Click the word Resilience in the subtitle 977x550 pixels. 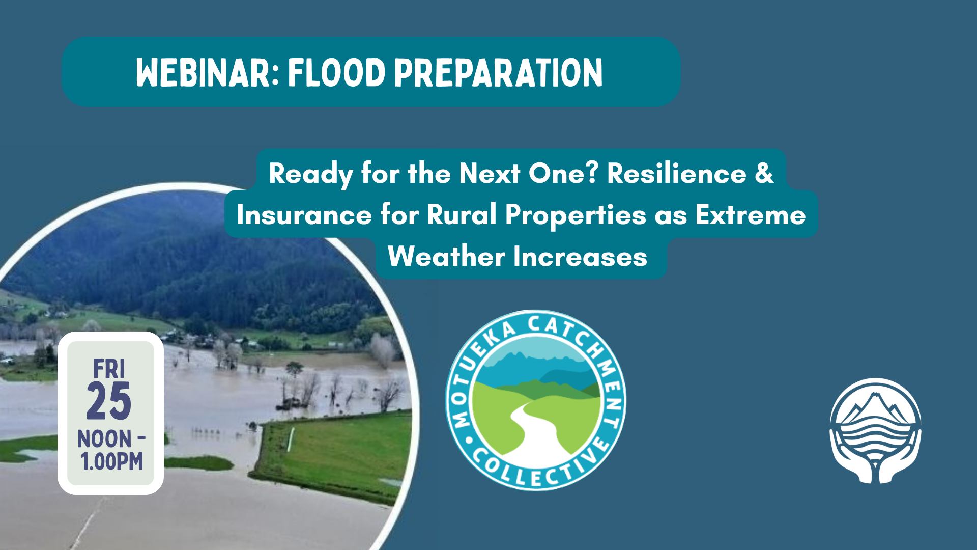(677, 173)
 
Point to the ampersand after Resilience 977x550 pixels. (764, 173)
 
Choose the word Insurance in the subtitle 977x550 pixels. (304, 214)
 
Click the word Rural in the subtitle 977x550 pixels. (462, 214)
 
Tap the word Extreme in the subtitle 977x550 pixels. (751, 214)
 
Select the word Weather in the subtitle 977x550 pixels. (446, 256)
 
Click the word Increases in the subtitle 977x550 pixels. (580, 256)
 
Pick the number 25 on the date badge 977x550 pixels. (109, 401)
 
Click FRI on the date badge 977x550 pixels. (109, 369)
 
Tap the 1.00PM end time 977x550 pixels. (112, 461)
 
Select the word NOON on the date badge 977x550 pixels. (104, 439)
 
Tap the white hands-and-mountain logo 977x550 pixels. (875, 431)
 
